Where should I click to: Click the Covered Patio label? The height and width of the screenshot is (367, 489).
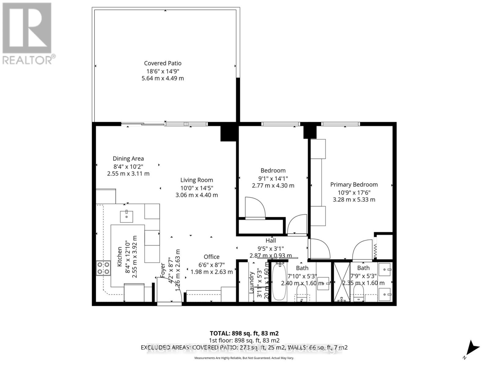[x=163, y=63]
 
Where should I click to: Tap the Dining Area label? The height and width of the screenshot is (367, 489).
[x=128, y=158]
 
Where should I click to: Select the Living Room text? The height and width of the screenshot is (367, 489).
[x=197, y=180]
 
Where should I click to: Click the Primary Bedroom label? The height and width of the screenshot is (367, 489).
[x=354, y=184]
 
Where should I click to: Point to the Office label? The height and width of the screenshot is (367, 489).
[x=211, y=257]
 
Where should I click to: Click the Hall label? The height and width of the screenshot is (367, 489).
[x=270, y=240]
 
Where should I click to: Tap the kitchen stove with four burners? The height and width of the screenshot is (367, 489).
[x=103, y=268]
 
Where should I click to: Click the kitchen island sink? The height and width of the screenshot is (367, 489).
[x=127, y=216]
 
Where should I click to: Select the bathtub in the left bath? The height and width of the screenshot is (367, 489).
[x=278, y=282]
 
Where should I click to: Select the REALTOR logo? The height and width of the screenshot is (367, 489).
[x=28, y=34]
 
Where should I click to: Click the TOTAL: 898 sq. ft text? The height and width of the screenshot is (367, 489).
[x=244, y=333]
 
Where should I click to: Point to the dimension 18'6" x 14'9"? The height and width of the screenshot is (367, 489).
[x=163, y=71]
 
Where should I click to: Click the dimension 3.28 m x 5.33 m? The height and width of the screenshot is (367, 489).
[x=354, y=200]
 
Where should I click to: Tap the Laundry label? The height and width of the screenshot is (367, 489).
[x=252, y=283]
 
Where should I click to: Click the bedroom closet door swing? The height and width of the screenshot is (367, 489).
[x=255, y=208]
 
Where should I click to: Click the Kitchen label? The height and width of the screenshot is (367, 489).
[x=119, y=257]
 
